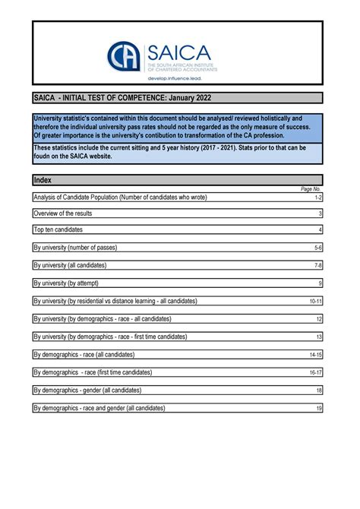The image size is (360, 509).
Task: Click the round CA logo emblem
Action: pos(124,56)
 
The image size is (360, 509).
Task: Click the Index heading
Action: pos(43,180)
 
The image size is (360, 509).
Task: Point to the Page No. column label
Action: pos(311,188)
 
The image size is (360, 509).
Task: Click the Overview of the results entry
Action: pos(62,213)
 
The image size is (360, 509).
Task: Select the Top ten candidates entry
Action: pos(58,229)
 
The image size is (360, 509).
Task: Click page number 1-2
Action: pos(318,198)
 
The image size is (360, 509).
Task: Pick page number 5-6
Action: pos(318,248)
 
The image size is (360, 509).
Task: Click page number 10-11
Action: pos(316,301)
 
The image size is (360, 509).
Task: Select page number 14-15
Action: pos(316,355)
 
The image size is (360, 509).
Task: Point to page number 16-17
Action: pos(316,372)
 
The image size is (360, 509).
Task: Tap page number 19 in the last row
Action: pos(319,408)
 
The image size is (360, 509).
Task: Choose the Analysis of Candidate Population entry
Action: pos(120,198)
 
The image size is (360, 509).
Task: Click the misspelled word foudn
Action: pos(43,156)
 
